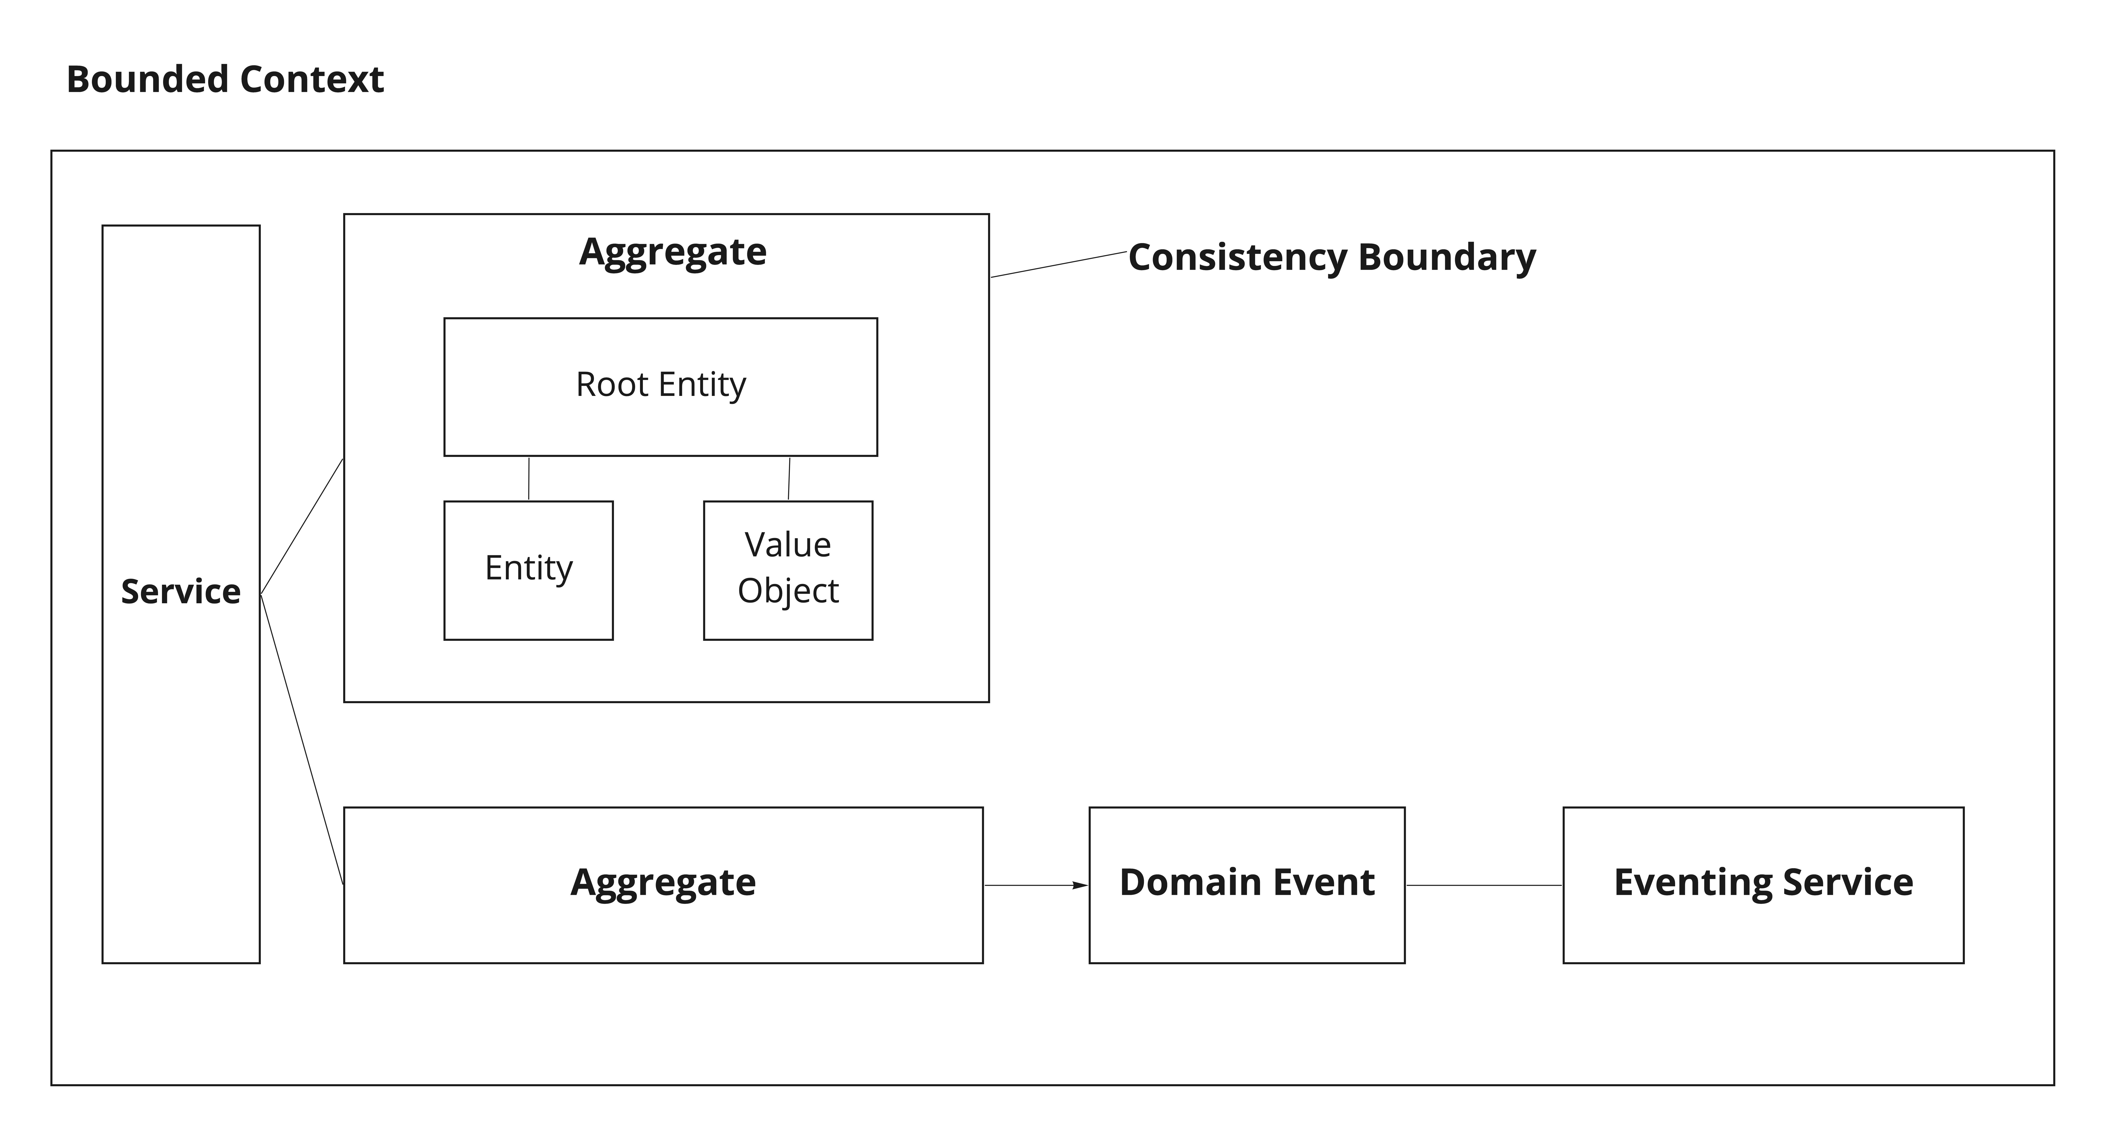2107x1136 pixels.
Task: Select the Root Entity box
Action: click(661, 387)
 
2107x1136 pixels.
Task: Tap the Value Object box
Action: click(789, 570)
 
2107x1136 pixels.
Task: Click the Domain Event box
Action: click(1247, 885)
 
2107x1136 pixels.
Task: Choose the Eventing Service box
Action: click(1764, 885)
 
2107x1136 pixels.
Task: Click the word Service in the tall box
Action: click(181, 591)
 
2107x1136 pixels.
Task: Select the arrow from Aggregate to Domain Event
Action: click(1036, 885)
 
